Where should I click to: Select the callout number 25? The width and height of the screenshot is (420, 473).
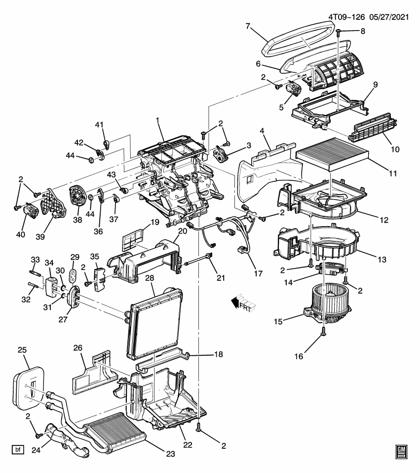22,350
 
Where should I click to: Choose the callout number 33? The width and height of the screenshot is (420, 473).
35,260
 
